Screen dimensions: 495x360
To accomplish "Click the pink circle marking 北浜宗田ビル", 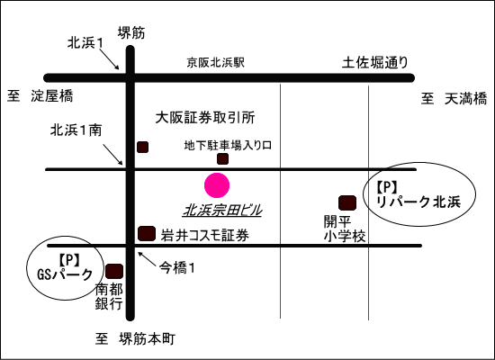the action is click(x=217, y=185).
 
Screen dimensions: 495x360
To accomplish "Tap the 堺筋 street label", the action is click(x=131, y=32).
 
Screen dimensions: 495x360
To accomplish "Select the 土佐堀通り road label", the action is click(x=375, y=63).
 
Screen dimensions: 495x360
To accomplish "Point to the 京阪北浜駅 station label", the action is click(x=216, y=62).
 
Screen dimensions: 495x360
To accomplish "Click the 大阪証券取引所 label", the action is click(x=205, y=118).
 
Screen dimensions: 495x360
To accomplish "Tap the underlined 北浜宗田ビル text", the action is click(x=222, y=211).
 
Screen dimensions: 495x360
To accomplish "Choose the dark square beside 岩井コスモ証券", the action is click(x=147, y=234).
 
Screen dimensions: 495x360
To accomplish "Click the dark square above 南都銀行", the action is click(x=114, y=271).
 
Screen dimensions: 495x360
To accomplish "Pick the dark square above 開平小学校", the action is click(x=347, y=202).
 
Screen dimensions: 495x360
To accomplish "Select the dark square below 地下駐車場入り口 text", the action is click(x=222, y=158).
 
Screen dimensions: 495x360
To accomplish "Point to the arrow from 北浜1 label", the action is click(x=111, y=59).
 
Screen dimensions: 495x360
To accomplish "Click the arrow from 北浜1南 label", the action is click(x=112, y=155).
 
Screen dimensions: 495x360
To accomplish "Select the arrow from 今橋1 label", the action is click(x=147, y=260).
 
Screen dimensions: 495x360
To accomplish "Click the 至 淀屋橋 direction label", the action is click(x=40, y=95).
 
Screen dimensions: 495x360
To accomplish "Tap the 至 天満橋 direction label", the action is click(x=454, y=98).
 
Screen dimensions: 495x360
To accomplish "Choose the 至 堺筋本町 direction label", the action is click(x=135, y=339).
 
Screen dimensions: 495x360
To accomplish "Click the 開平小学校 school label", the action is click(x=345, y=229).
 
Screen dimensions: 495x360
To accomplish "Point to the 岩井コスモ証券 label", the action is click(x=205, y=235).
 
